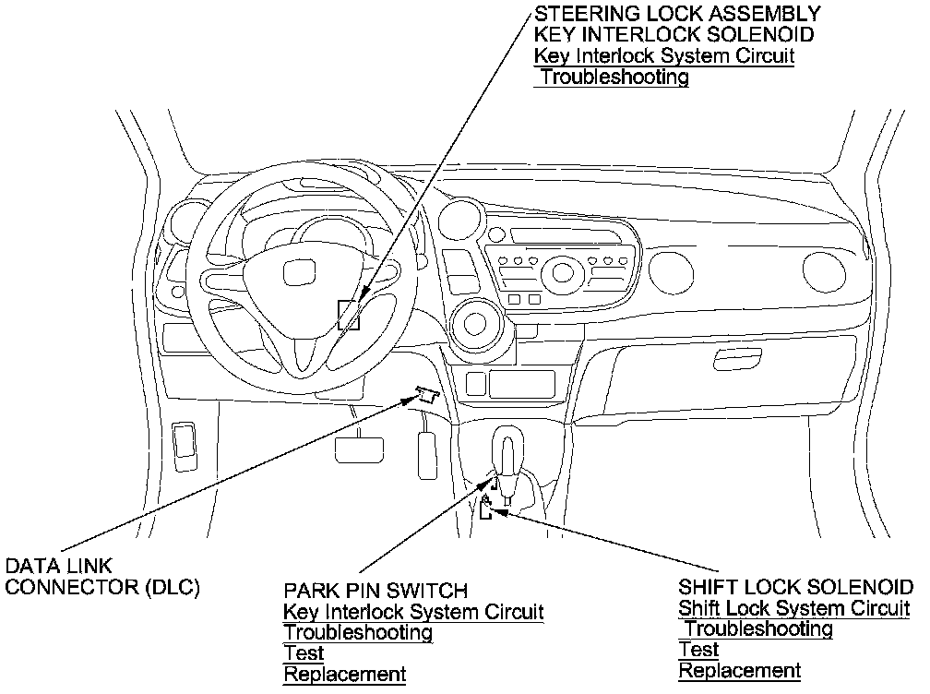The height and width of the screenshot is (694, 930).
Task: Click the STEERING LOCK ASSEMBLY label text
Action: [x=677, y=13]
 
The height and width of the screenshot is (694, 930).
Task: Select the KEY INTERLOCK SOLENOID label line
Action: [x=674, y=34]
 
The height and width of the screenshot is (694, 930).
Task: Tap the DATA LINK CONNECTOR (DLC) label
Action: [x=102, y=576]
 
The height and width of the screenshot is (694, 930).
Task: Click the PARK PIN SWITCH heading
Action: [x=376, y=591]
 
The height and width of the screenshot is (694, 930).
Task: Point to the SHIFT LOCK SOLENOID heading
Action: [x=796, y=587]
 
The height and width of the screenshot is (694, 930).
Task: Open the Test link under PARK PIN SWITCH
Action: [x=304, y=653]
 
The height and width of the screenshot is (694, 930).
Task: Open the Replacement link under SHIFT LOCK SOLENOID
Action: [x=740, y=670]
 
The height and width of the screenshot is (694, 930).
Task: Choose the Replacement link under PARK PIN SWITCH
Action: [x=345, y=674]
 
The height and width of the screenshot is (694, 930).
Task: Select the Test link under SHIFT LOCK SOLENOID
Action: [x=698, y=650]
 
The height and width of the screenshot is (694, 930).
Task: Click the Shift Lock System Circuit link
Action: [x=794, y=608]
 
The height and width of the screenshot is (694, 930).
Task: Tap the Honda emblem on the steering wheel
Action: [x=298, y=274]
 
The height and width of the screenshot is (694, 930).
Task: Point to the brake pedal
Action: [x=359, y=449]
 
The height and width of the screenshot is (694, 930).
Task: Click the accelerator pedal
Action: [x=428, y=455]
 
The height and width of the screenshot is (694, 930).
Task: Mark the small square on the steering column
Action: [x=349, y=315]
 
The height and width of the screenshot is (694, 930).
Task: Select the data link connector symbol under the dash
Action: [x=427, y=394]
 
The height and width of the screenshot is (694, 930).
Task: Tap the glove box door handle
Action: [x=738, y=359]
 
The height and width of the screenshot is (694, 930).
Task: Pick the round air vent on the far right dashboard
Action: [x=824, y=269]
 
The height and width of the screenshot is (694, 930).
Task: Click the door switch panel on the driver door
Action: [x=185, y=447]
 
